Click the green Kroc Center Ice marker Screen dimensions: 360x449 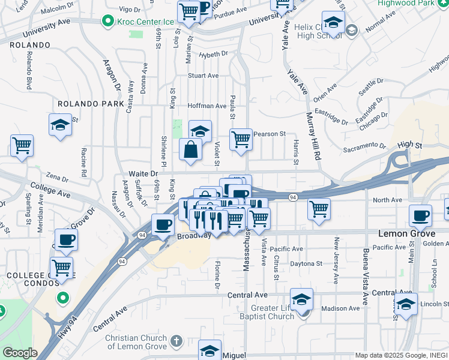(108, 22)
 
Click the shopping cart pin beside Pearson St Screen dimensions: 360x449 (241, 139)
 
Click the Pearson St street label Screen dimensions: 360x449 (268, 134)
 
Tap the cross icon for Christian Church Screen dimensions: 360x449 (175, 341)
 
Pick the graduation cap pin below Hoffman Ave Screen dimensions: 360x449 (200, 130)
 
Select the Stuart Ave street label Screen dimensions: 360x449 (203, 76)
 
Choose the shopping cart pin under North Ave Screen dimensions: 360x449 (319, 209)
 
